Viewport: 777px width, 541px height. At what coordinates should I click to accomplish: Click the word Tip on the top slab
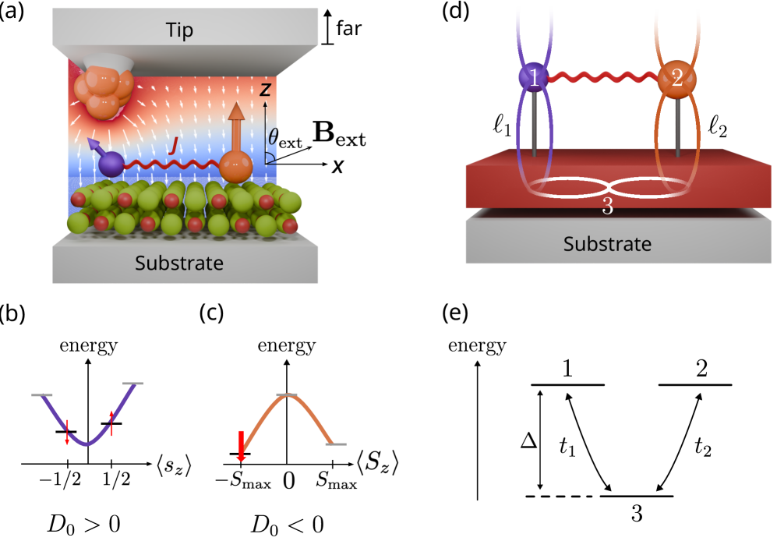(x=179, y=30)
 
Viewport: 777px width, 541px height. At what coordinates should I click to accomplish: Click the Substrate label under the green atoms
(x=179, y=263)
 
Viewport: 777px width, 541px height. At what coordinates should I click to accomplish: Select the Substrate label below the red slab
(x=607, y=245)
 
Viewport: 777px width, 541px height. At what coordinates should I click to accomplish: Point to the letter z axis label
(x=265, y=90)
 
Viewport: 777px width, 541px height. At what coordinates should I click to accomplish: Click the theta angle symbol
(x=272, y=138)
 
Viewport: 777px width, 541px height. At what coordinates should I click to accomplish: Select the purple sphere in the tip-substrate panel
(x=111, y=164)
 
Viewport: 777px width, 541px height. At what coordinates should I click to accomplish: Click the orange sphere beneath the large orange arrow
(x=235, y=166)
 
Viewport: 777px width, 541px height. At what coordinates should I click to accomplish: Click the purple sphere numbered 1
(x=534, y=78)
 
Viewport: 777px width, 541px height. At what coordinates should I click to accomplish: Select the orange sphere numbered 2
(x=676, y=79)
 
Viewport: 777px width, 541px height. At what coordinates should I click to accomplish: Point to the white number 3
(x=607, y=207)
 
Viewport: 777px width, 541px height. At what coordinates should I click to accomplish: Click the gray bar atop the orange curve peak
(x=288, y=395)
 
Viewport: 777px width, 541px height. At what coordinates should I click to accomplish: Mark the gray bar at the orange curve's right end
(x=336, y=444)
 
